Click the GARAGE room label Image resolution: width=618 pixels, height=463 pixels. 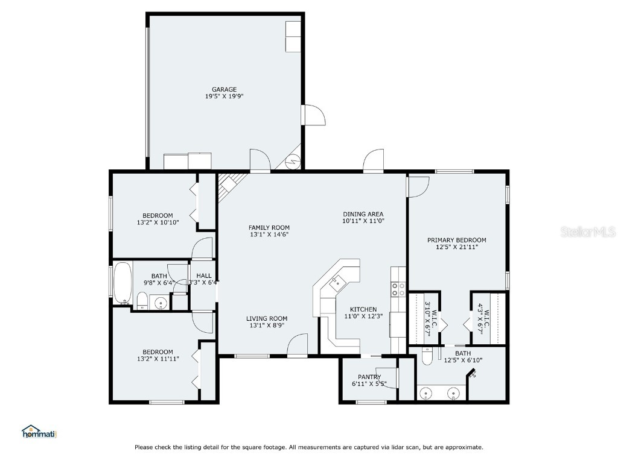coord(224,89)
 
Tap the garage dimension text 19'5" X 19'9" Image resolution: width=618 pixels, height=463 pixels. coord(224,96)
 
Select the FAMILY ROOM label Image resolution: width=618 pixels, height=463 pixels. coord(269,227)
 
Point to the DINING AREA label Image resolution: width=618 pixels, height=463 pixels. coord(363,214)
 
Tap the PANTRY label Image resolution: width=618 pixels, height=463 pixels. coord(369,377)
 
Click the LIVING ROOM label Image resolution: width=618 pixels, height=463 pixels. coord(266,318)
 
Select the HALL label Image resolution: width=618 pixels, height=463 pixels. coord(203,276)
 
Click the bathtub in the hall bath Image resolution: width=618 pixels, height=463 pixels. coord(123,282)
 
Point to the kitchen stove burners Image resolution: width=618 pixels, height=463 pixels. coord(398,289)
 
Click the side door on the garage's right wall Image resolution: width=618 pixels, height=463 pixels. coord(313,115)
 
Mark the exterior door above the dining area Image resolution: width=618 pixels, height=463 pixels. coord(373,162)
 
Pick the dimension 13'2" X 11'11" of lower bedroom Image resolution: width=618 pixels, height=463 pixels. coord(158,359)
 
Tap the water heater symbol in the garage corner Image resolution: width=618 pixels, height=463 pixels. coord(293,161)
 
